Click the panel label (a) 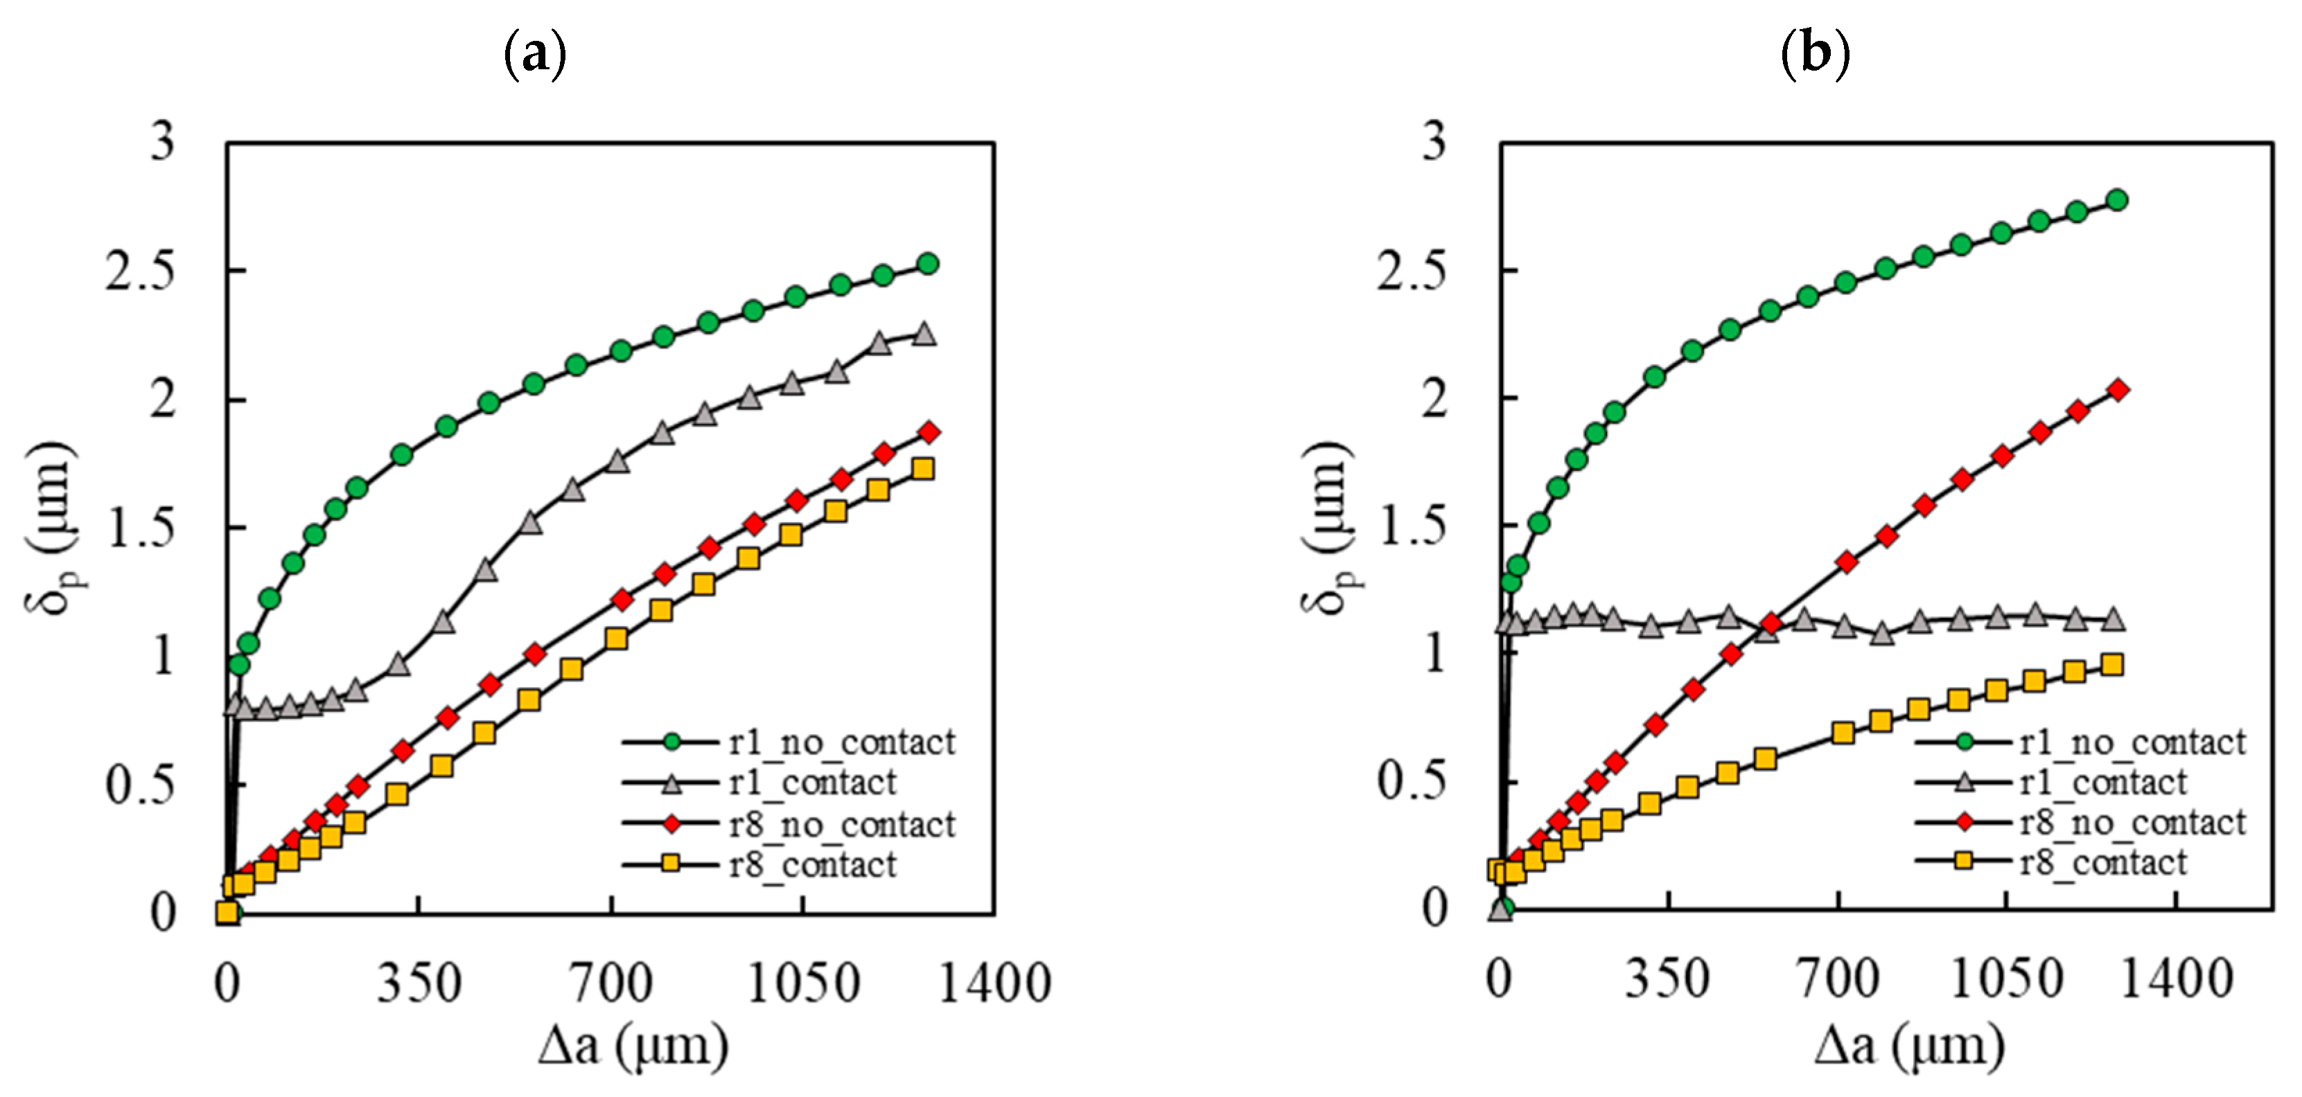(535, 55)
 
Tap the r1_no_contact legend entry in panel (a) (841, 742)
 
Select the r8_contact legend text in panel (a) (811, 865)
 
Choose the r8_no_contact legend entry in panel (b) (2132, 823)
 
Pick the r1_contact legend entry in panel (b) (2102, 783)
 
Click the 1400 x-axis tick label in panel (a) (994, 983)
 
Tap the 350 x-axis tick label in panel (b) (1667, 979)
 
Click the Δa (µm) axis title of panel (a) (633, 1045)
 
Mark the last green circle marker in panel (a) (928, 264)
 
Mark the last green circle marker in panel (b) (2116, 200)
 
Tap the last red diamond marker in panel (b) (2117, 389)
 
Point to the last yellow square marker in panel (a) (923, 469)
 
